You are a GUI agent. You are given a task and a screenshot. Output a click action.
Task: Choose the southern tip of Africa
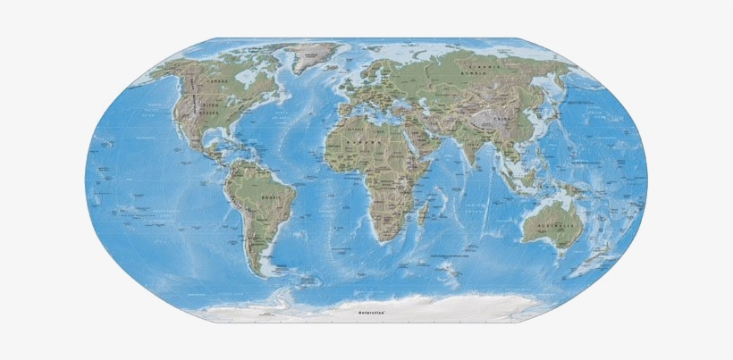(x=385, y=241)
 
